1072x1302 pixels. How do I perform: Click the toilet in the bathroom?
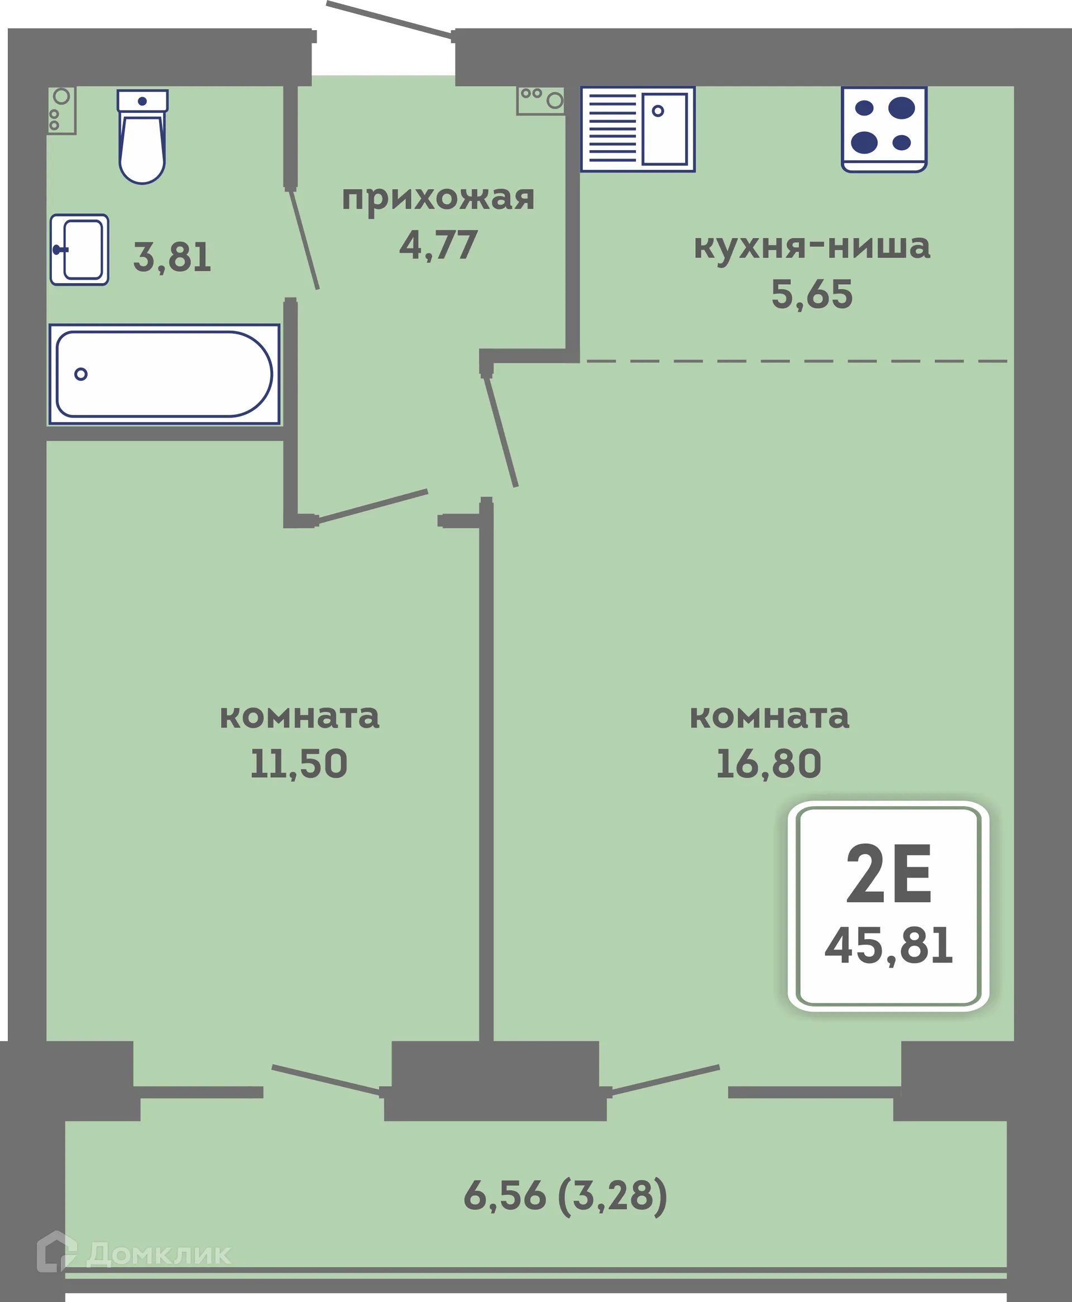click(x=142, y=138)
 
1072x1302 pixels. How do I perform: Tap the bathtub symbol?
click(x=164, y=374)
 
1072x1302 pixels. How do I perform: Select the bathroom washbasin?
click(x=80, y=250)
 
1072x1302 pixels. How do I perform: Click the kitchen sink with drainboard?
click(x=638, y=129)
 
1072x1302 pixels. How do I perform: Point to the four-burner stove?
click(x=884, y=128)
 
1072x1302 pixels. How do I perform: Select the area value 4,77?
click(x=438, y=245)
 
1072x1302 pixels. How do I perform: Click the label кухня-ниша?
click(x=811, y=246)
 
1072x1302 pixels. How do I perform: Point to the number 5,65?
click(x=811, y=294)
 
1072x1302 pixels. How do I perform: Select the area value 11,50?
click(x=299, y=764)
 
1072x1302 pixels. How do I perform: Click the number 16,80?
click(x=768, y=764)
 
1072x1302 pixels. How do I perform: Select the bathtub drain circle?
click(x=81, y=374)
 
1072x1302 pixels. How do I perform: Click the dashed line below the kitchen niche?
click(x=797, y=361)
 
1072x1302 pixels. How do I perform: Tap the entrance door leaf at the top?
click(x=389, y=20)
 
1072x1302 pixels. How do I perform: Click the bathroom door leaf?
click(x=304, y=240)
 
